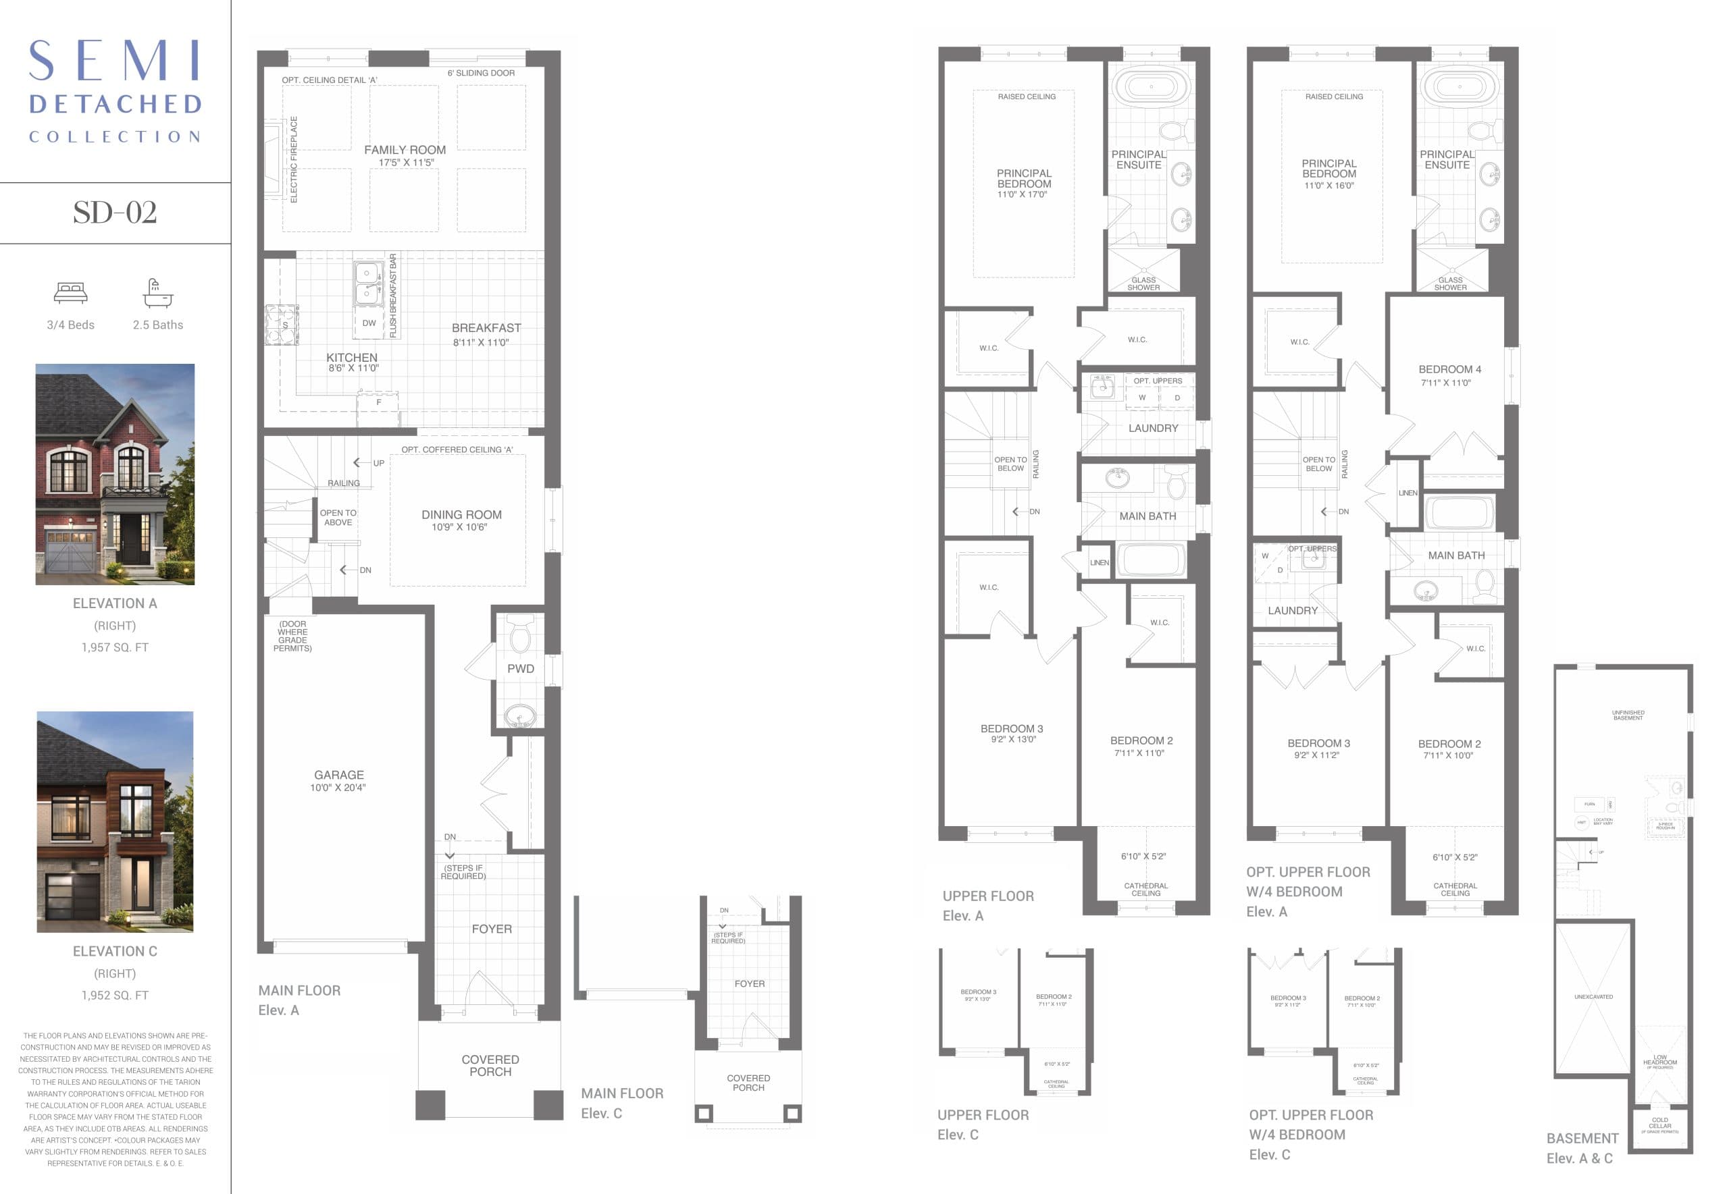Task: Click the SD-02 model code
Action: coord(115,213)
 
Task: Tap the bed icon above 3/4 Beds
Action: coord(70,292)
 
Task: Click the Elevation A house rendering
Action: coord(115,474)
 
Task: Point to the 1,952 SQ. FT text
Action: coord(115,995)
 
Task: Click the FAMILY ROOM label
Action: coord(405,151)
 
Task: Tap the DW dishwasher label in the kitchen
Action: coord(369,323)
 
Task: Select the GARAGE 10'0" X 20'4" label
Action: coord(338,780)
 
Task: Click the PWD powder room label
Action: coord(520,669)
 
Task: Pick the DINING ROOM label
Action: coord(461,516)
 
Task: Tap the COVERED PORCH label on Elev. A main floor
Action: coord(490,1065)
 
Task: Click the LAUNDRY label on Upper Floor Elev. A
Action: coord(1153,429)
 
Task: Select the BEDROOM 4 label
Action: coord(1449,370)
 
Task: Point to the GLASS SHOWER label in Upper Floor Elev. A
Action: coord(1143,283)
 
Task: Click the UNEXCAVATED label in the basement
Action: coord(1593,997)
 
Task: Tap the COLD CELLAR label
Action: coord(1659,1123)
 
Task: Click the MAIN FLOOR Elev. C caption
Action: coord(621,1103)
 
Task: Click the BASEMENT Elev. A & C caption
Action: coord(1582,1147)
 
